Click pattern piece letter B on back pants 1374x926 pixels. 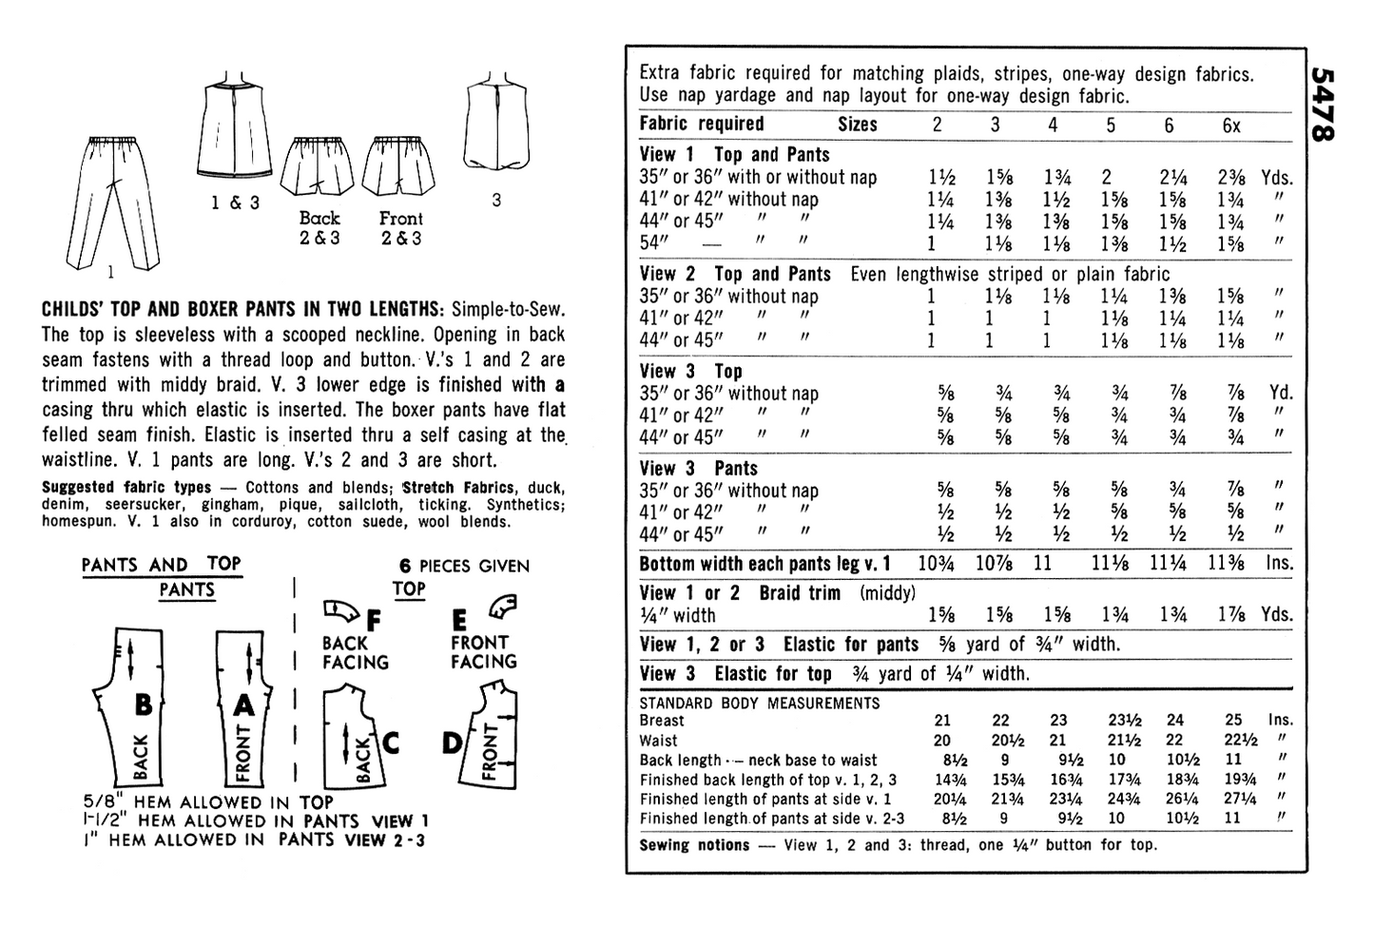(x=143, y=704)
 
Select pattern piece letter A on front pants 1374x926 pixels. (x=245, y=704)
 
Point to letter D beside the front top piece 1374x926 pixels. (x=452, y=743)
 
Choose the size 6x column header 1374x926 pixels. (x=1230, y=125)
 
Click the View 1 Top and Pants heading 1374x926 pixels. (x=734, y=154)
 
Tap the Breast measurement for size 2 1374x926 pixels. (x=941, y=721)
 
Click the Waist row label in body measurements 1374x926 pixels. (x=658, y=741)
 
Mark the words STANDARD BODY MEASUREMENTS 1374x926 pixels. (x=760, y=704)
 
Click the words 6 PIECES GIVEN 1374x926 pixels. (x=463, y=566)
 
